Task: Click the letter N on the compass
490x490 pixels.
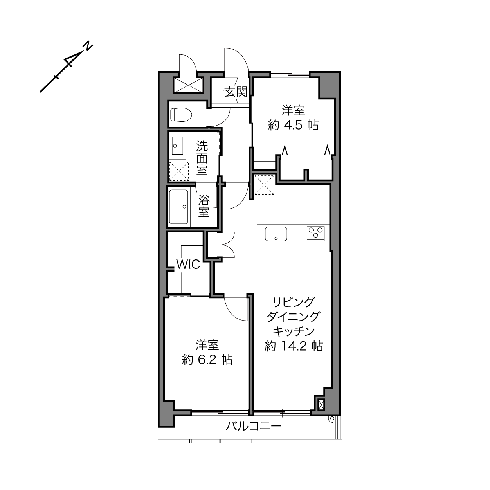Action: [88, 46]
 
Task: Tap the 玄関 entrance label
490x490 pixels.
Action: [236, 92]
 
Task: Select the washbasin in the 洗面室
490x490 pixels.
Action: [178, 146]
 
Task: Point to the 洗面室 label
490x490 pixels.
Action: [202, 158]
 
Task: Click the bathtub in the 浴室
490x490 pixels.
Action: [178, 207]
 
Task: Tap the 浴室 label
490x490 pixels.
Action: [204, 206]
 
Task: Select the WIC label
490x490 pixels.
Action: [188, 265]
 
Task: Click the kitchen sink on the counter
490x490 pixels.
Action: [276, 234]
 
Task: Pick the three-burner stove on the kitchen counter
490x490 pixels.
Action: [315, 233]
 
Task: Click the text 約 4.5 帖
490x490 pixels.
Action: [293, 125]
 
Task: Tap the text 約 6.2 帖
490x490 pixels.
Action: [207, 360]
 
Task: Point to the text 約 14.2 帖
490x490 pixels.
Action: [294, 346]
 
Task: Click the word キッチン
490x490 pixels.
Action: [294, 331]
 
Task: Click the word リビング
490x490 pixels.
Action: [294, 302]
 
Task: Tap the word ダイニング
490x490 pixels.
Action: [294, 317]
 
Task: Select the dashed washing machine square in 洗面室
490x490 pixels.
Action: [179, 171]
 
